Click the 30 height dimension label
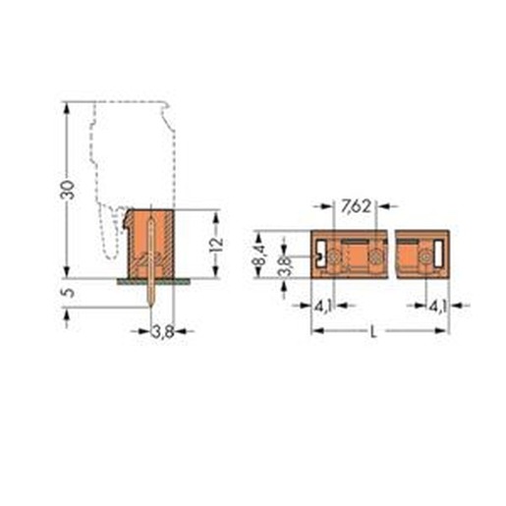pos(67,190)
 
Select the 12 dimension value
pos(216,244)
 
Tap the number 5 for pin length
pos(68,292)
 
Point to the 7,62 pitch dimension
pos(356,206)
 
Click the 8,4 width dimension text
pos(258,256)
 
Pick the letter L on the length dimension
pos(372,332)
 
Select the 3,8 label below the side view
pos(162,332)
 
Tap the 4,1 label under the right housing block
pos(438,307)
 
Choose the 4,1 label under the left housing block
pos(323,307)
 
